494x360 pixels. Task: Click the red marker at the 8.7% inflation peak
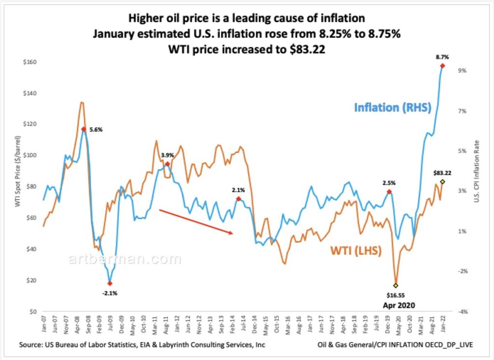point(442,66)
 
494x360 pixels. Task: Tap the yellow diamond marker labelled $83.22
point(442,182)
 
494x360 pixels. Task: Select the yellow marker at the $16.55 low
point(396,286)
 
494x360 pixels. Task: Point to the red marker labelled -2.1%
point(110,284)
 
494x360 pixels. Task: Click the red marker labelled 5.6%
point(83,129)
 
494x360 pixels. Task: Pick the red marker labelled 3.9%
point(167,164)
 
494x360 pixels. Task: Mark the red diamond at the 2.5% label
point(389,192)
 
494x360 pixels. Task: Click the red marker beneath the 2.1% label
point(238,199)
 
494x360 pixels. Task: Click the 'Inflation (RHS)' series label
point(393,108)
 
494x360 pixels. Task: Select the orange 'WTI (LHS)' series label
point(356,250)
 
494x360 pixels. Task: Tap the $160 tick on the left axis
point(30,62)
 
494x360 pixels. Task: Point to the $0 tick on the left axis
point(33,312)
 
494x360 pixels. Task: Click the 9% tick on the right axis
point(463,70)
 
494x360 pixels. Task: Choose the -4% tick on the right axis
point(463,312)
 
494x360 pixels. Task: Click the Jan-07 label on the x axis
point(43,324)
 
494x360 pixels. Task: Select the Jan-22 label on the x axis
point(443,324)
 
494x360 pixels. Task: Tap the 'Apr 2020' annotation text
point(399,305)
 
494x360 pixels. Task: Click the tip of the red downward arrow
point(233,233)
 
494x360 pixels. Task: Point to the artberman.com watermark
point(125,259)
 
